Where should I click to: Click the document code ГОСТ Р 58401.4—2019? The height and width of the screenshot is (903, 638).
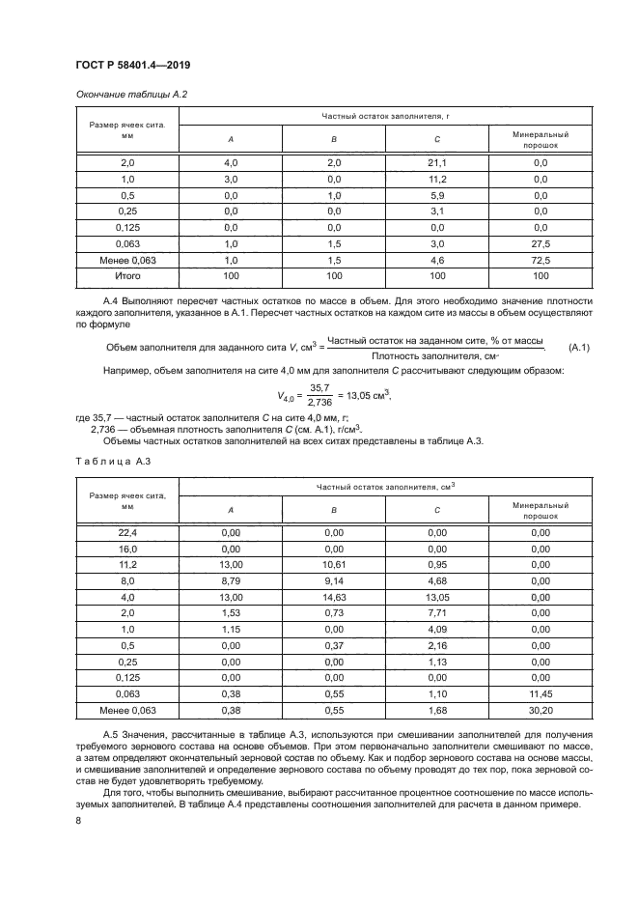(132, 65)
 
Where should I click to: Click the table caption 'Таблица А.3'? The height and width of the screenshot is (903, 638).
(109, 461)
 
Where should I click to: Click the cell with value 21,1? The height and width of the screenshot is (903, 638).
(436, 163)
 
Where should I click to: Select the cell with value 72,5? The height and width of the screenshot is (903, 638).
(540, 260)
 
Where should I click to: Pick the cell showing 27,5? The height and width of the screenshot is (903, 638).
(540, 243)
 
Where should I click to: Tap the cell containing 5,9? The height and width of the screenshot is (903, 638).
(436, 195)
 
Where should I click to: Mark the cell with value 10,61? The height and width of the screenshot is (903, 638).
(334, 565)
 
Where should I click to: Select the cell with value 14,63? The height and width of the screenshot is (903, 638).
(334, 598)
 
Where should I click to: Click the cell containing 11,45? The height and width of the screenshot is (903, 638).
(540, 695)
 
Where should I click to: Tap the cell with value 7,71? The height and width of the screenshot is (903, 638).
(436, 614)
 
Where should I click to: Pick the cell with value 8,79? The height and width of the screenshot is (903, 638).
(231, 581)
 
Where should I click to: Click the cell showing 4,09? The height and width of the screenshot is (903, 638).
(436, 631)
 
